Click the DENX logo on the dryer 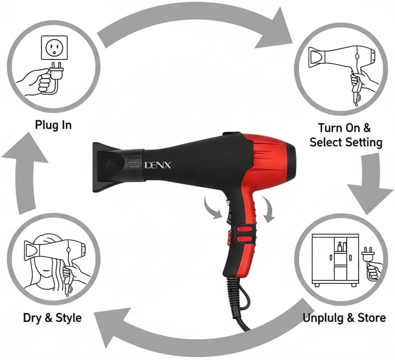point(158,165)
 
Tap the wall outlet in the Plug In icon point(54,47)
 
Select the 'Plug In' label point(53,125)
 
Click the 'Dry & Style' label point(52,318)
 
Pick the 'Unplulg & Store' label point(344,318)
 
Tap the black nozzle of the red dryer point(119,167)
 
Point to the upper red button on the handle point(244,230)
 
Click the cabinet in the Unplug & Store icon point(335,260)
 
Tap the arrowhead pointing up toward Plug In point(25,149)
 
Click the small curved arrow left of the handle point(212,208)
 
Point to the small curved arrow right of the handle point(268,209)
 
